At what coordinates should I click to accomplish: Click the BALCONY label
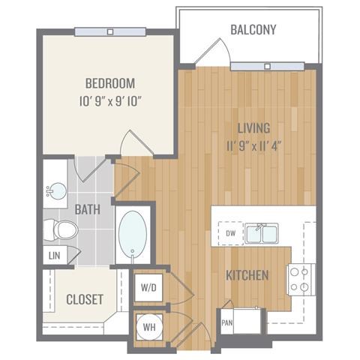coord(253,29)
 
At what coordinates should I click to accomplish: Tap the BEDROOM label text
coord(110,83)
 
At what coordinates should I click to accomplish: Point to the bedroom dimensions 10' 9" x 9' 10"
coord(111,102)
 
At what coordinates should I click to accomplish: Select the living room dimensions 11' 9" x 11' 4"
coord(254,146)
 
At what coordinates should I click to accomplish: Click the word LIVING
coord(253,128)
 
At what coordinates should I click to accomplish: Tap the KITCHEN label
coord(247,275)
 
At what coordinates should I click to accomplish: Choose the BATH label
coord(88,209)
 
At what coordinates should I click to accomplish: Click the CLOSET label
coord(85,299)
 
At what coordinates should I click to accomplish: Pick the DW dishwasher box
coord(231,233)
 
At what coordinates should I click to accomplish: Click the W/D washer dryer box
coord(148,288)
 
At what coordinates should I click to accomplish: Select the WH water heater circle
coord(149,327)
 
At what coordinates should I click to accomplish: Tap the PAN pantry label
coord(227,322)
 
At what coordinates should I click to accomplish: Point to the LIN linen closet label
coord(55,256)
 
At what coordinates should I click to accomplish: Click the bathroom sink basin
coord(57,191)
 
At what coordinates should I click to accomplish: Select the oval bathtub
coord(133,234)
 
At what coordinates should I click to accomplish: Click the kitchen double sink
coord(262,233)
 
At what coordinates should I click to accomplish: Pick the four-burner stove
coord(301,280)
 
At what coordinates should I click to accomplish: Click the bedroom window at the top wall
coord(110,32)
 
